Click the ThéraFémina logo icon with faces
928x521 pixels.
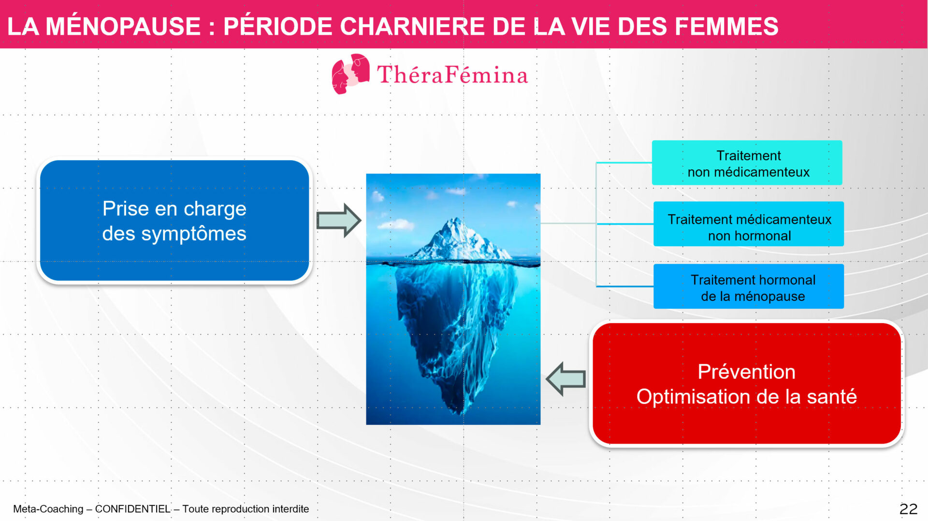point(350,74)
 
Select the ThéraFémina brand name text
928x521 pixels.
point(452,75)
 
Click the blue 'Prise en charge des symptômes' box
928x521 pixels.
point(174,221)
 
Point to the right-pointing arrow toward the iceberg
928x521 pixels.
point(339,221)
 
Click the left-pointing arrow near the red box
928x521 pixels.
point(566,379)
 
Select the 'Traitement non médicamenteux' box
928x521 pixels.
point(747,163)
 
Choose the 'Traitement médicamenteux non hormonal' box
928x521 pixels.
point(749,224)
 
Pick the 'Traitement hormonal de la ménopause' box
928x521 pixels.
point(749,286)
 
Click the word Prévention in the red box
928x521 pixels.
point(746,372)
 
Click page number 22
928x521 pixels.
point(908,509)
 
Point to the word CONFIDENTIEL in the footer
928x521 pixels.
point(132,509)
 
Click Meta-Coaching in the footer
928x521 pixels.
point(48,509)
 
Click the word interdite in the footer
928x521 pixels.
point(290,509)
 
